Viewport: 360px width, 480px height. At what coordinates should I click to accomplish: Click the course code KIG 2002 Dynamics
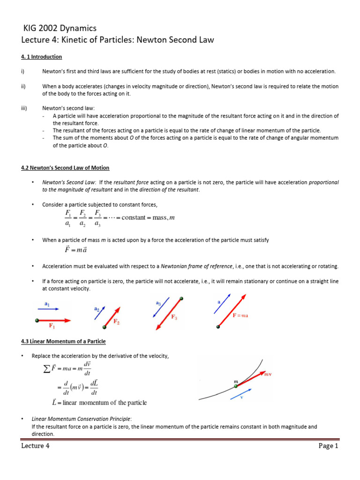60,29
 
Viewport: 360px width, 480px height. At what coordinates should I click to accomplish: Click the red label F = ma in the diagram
240,315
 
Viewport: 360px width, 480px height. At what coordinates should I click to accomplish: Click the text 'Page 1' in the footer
328,446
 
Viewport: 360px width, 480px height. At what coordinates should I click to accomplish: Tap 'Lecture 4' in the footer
35,446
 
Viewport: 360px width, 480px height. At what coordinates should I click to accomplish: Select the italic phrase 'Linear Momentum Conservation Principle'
81,419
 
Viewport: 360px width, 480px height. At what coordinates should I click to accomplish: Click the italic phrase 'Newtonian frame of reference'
196,266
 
